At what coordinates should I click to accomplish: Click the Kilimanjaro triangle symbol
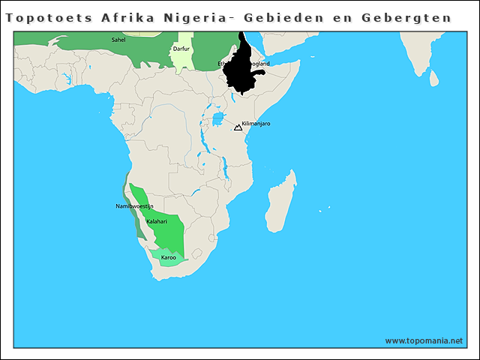pos(238,127)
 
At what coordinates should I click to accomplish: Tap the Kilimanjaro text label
pos(256,124)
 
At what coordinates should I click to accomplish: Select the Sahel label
pos(118,39)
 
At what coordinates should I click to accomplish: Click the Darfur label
pos(181,49)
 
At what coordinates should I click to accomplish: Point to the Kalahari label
pos(156,222)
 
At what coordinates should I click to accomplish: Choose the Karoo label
pos(168,257)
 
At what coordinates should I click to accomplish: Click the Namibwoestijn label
pos(134,206)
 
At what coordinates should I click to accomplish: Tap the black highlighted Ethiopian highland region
pos(244,71)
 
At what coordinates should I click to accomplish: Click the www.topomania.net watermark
pos(424,340)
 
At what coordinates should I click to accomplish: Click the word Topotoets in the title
pos(49,16)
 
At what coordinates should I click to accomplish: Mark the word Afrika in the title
pos(127,16)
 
